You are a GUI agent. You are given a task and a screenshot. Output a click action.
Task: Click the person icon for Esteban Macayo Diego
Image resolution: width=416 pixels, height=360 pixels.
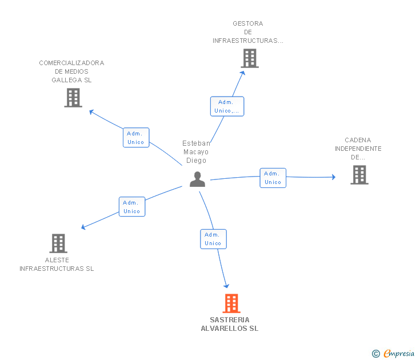(x=197, y=179)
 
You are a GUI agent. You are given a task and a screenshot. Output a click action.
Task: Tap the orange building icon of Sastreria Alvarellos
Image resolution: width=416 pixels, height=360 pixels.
(x=231, y=303)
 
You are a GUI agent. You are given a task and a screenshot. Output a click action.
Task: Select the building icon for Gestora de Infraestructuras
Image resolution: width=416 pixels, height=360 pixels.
(x=250, y=58)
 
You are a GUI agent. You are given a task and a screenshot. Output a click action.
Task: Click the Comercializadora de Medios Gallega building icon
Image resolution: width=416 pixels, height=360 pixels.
(x=73, y=98)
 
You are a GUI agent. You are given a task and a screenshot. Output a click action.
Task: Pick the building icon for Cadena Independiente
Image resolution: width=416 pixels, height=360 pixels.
(x=359, y=175)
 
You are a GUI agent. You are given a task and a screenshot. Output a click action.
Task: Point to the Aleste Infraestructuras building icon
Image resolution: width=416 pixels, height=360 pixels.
(x=58, y=243)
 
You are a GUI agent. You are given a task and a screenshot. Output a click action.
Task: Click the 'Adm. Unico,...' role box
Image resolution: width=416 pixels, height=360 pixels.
(x=227, y=106)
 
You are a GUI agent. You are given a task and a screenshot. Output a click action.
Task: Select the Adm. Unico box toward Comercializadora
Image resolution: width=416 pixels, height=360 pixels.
(x=136, y=137)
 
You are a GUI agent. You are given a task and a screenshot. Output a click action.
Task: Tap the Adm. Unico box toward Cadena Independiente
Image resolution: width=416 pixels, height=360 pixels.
(x=273, y=178)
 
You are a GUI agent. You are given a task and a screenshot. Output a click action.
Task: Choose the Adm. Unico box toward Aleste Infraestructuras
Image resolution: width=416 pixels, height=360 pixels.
(x=132, y=207)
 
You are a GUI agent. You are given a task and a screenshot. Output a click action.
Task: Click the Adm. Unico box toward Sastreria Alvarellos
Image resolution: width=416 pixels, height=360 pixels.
(x=213, y=239)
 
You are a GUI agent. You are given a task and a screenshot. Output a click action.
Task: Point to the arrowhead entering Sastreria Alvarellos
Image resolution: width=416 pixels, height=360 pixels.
(x=226, y=286)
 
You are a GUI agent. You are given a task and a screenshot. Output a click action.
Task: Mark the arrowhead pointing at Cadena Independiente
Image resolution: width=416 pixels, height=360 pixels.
(x=334, y=177)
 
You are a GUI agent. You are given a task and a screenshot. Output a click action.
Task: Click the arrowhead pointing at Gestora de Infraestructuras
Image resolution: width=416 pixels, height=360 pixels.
(x=242, y=73)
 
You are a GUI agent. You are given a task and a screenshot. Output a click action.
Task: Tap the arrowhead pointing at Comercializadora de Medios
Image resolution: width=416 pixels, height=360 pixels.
(x=91, y=111)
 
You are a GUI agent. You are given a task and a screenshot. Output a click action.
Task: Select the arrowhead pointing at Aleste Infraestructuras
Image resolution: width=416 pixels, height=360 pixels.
(x=83, y=227)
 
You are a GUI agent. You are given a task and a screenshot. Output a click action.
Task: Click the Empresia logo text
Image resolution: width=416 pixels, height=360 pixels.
(x=399, y=353)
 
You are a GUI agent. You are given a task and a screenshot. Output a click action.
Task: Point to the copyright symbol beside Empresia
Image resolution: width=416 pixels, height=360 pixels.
(x=376, y=354)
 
